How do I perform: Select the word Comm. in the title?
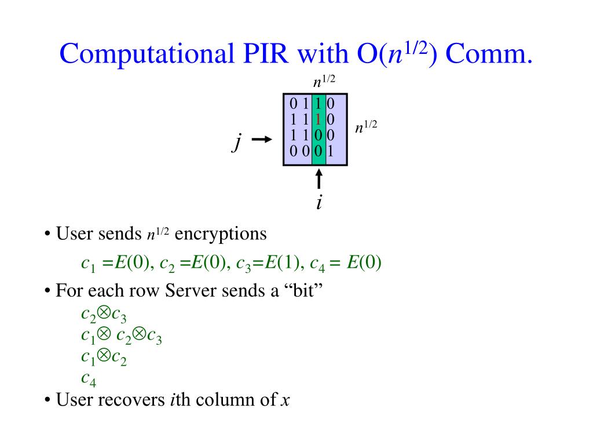(x=488, y=54)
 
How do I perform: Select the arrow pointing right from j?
(x=262, y=140)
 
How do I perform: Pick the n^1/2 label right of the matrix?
(x=366, y=127)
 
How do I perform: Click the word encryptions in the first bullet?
(x=221, y=234)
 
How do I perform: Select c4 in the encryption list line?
(x=317, y=265)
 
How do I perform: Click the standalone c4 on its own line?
(x=89, y=380)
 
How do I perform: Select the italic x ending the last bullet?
(x=284, y=401)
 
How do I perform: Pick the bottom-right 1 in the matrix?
(x=330, y=152)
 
